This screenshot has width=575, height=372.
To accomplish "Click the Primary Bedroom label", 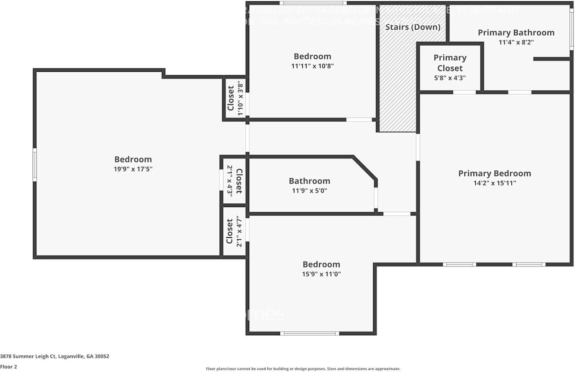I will (494, 173).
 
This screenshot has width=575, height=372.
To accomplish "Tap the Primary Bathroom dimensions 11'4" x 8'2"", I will (516, 42).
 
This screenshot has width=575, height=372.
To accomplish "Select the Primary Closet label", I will (450, 63).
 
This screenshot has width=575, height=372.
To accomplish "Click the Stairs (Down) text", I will (413, 27).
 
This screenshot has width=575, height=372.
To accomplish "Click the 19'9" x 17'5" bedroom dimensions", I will (133, 169).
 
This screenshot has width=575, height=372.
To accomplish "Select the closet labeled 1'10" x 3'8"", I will (235, 98).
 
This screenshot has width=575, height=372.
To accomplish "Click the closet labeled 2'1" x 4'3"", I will (234, 181).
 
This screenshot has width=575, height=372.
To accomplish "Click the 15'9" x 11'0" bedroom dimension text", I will (321, 274).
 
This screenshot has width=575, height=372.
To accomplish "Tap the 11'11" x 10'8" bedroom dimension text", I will (312, 66).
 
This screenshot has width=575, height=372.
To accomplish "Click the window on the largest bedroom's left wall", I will (35, 165).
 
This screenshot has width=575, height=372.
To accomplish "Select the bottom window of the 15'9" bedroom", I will (310, 333).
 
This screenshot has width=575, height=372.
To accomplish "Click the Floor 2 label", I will (9, 367).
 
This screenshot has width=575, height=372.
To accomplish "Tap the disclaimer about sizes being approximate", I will (303, 368).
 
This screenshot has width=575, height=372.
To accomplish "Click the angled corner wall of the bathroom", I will (365, 167).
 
